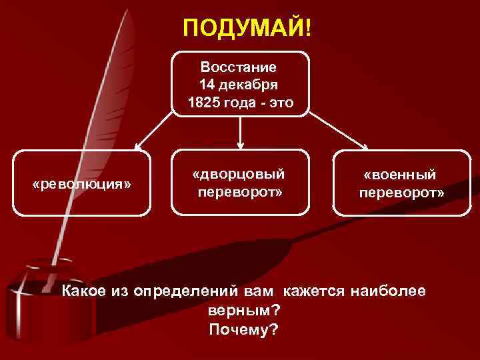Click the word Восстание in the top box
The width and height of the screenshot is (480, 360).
[240, 67]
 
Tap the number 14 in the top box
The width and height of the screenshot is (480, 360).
[207, 85]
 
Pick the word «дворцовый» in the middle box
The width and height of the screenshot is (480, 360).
[240, 174]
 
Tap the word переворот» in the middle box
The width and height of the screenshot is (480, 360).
[240, 192]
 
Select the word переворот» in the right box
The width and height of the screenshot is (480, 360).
[401, 193]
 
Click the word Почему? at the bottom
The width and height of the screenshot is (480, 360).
[243, 331]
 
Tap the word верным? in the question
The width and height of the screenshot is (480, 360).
[243, 311]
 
